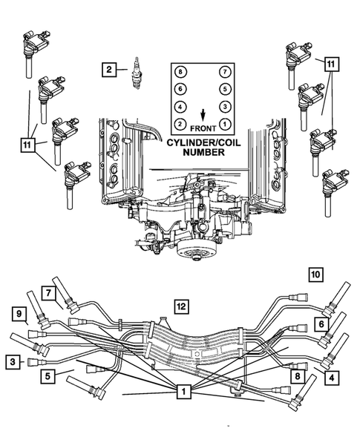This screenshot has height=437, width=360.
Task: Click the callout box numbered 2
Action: point(108,70)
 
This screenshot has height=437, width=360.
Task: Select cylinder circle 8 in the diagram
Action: point(180,71)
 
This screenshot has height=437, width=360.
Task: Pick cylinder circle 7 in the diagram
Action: point(223,71)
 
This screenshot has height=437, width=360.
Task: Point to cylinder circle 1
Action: point(223,123)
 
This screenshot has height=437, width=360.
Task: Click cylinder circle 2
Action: point(180,123)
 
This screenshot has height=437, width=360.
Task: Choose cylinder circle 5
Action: point(223,88)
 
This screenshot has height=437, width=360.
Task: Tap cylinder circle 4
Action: point(180,106)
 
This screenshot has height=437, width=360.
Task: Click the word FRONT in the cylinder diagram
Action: point(202,126)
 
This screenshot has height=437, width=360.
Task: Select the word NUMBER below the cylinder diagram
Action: point(202,151)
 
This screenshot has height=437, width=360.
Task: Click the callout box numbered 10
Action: point(315,275)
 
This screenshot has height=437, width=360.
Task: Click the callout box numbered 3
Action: point(13,361)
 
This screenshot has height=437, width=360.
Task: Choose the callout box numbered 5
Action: point(47,376)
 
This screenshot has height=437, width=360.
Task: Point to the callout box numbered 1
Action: point(181,390)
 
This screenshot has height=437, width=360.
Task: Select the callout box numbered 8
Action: point(297,376)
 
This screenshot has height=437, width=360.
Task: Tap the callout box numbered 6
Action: point(320,324)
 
